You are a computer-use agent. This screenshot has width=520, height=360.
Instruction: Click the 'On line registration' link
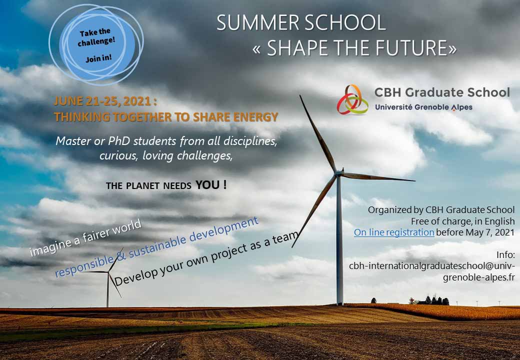(x=394, y=232)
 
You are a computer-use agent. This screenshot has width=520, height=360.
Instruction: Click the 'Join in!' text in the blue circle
(x=98, y=58)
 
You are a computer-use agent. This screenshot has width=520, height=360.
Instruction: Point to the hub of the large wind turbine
(x=338, y=173)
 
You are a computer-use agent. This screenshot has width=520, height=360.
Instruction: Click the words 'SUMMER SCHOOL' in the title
(x=301, y=23)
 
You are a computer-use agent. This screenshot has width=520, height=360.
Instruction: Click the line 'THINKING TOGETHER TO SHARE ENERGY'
(x=165, y=117)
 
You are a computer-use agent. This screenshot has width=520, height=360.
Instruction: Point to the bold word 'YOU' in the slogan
(x=207, y=184)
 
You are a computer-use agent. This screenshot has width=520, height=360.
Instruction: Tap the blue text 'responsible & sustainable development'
(x=156, y=247)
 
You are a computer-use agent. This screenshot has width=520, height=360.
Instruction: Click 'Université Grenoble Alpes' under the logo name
(x=423, y=107)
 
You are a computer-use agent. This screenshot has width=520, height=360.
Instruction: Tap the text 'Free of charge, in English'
(x=462, y=221)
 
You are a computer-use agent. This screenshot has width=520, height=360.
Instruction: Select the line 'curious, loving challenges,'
(x=166, y=155)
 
